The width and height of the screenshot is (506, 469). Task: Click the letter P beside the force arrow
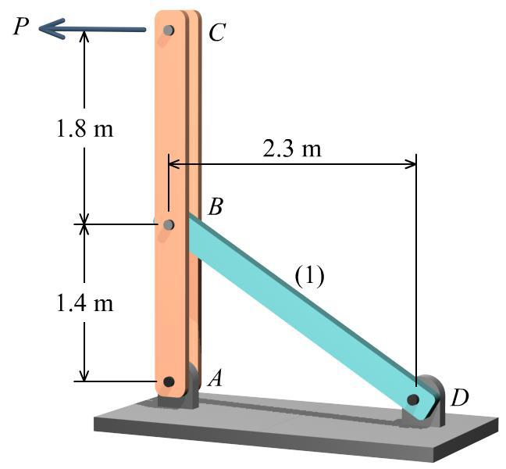[21, 27]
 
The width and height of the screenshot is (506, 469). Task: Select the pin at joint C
[169, 31]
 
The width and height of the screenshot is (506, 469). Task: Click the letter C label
[217, 33]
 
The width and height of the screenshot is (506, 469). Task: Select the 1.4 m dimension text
[85, 303]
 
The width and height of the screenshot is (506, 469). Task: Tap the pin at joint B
[169, 225]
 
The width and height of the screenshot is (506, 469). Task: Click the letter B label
[216, 208]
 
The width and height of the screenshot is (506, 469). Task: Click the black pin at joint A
[169, 381]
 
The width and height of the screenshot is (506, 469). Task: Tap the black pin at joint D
[413, 399]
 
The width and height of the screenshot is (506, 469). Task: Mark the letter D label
[460, 398]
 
